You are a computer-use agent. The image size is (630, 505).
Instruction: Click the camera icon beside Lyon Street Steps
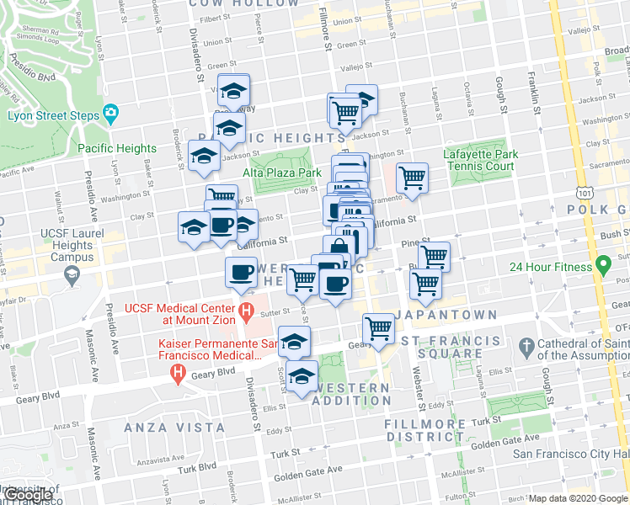[110, 114]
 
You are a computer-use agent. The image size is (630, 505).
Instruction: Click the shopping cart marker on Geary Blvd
[379, 327]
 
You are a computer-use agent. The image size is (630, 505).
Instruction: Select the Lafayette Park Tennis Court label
[479, 160]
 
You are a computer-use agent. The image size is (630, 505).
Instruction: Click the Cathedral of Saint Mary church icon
[526, 346]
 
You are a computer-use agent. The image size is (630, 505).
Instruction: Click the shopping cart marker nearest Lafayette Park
[412, 178]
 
